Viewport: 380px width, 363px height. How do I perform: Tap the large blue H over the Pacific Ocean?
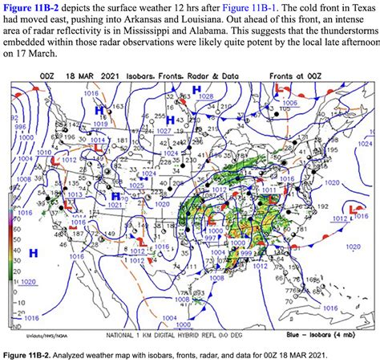(34, 253)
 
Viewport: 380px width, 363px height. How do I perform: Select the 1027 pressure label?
(165, 129)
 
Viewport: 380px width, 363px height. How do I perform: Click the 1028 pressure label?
(206, 96)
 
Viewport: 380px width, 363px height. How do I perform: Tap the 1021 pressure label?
(115, 204)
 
